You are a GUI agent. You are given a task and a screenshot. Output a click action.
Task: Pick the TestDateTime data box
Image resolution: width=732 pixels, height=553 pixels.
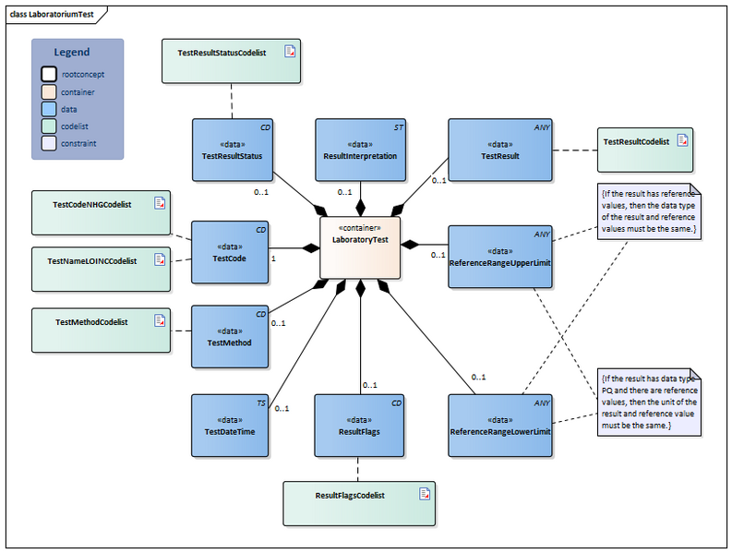point(231,426)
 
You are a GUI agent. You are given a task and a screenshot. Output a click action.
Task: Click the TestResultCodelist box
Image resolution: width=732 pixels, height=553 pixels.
point(644,149)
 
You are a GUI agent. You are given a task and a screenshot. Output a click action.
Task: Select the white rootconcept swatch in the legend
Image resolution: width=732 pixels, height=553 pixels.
point(47,73)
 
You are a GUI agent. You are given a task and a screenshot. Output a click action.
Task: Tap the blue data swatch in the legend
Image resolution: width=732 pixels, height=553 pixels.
point(47,108)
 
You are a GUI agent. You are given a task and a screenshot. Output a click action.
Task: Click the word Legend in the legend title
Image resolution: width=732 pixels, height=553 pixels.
point(72,53)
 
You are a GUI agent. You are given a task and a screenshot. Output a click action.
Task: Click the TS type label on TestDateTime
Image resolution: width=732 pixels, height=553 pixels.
point(261,403)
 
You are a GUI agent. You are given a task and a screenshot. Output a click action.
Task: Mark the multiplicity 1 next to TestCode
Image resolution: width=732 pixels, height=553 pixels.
point(273,259)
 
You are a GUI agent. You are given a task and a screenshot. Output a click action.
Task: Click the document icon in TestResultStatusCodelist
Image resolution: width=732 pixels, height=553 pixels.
point(290,52)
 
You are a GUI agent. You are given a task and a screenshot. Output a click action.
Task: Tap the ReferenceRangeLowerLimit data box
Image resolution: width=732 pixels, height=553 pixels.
point(499,426)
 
